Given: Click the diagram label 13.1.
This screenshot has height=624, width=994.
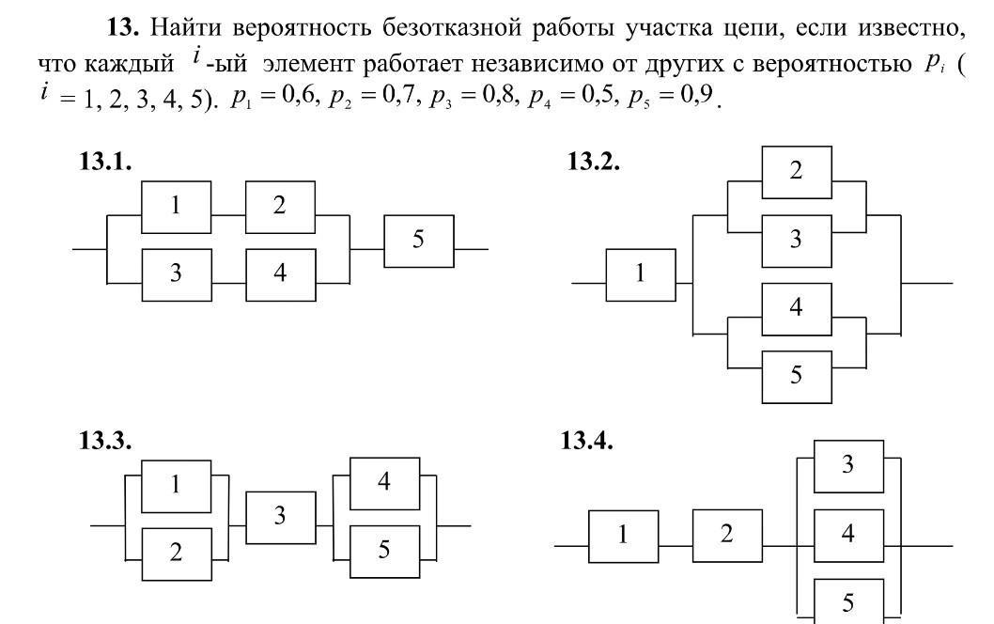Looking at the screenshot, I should pos(105,162).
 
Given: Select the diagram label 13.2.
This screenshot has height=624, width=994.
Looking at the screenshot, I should pos(593,162).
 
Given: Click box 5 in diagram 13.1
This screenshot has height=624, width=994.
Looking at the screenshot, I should pos(419,241).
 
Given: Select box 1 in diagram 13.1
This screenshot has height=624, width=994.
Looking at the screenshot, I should pos(177,207).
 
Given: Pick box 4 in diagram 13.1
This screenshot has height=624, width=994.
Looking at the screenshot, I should pos(280,274).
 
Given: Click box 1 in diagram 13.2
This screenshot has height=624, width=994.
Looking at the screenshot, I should pos(641,274).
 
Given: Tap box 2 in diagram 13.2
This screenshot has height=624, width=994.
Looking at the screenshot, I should pos(796,172).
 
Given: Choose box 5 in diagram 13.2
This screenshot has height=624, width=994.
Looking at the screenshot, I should pos(796,376).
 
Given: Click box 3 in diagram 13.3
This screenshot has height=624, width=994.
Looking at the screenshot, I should pos(281,517).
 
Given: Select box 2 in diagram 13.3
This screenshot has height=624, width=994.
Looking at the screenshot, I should pos(177,553).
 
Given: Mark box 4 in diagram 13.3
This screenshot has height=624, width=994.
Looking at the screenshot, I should pos(384,482).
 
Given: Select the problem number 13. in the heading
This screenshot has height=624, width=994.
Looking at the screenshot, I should pos(124,28).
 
